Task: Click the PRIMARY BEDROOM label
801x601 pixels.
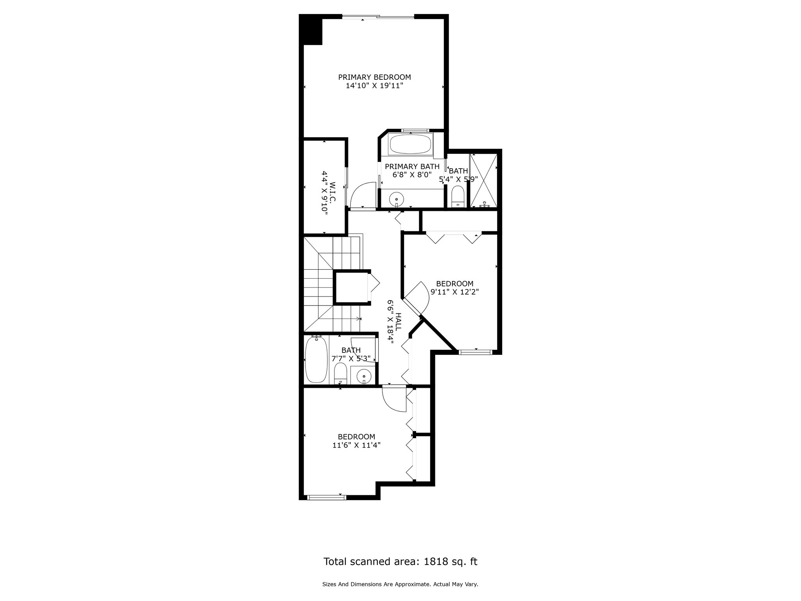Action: tap(374, 77)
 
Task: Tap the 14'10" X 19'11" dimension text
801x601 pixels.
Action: tap(374, 86)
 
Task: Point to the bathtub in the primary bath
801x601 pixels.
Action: tap(411, 144)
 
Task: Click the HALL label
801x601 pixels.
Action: tap(398, 322)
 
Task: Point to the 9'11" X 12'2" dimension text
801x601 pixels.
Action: tap(454, 292)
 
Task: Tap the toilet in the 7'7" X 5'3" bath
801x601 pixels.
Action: tap(340, 373)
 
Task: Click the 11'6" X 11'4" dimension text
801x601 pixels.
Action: tap(356, 445)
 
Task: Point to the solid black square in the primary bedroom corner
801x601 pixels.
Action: tap(311, 30)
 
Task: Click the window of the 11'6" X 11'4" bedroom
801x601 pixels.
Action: tap(327, 497)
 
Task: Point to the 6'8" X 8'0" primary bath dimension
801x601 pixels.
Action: tap(412, 175)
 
